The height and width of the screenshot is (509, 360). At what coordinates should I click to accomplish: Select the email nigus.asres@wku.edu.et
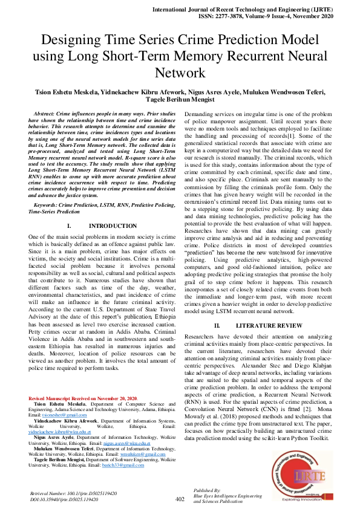pos(129,443)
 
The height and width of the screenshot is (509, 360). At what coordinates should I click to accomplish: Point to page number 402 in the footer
pos(180,499)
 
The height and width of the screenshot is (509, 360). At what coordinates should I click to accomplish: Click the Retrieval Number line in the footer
pos(73,493)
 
